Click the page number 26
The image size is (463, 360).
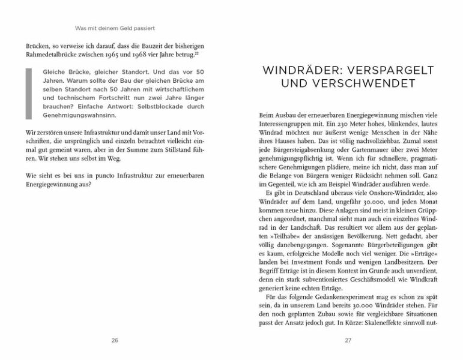(115, 340)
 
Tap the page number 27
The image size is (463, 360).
(348, 340)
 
